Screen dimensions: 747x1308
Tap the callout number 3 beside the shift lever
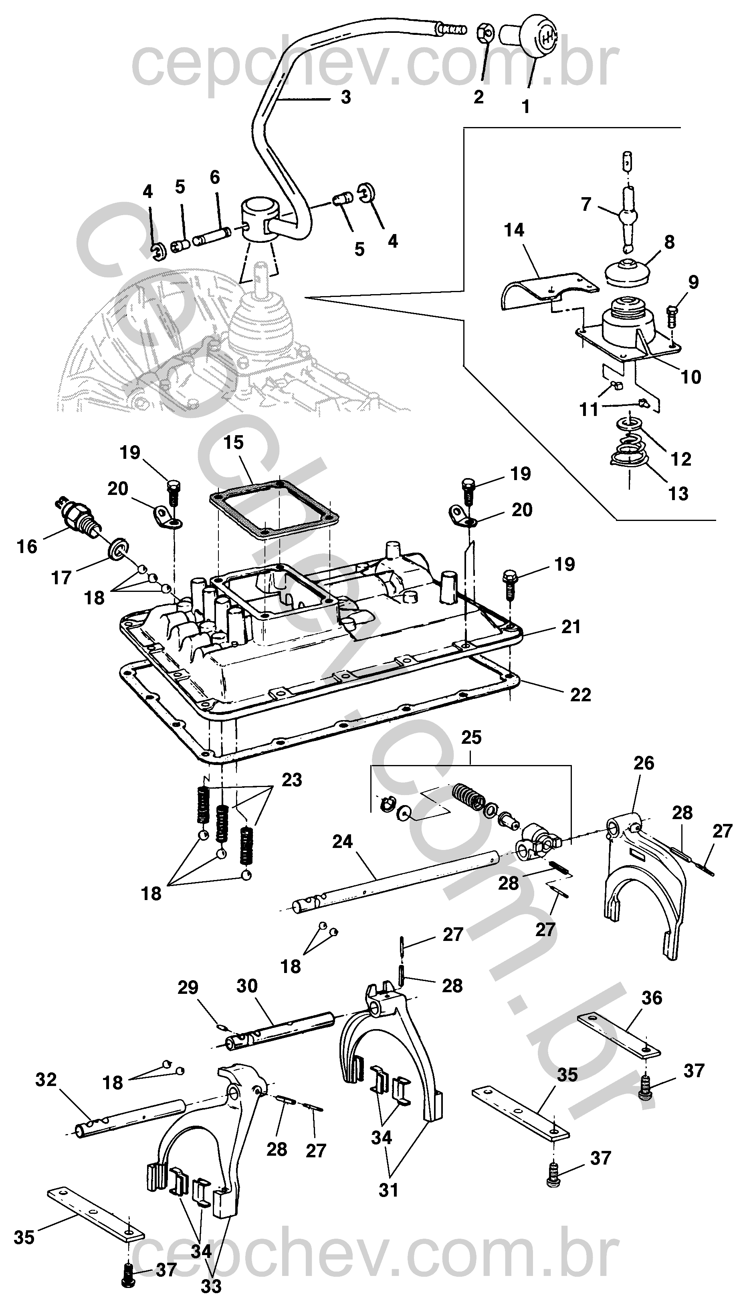pyautogui.click(x=346, y=97)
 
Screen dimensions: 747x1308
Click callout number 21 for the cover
pyautogui.click(x=571, y=626)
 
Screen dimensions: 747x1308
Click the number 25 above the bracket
pyautogui.click(x=472, y=738)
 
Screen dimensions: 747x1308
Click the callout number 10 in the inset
pyautogui.click(x=690, y=377)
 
